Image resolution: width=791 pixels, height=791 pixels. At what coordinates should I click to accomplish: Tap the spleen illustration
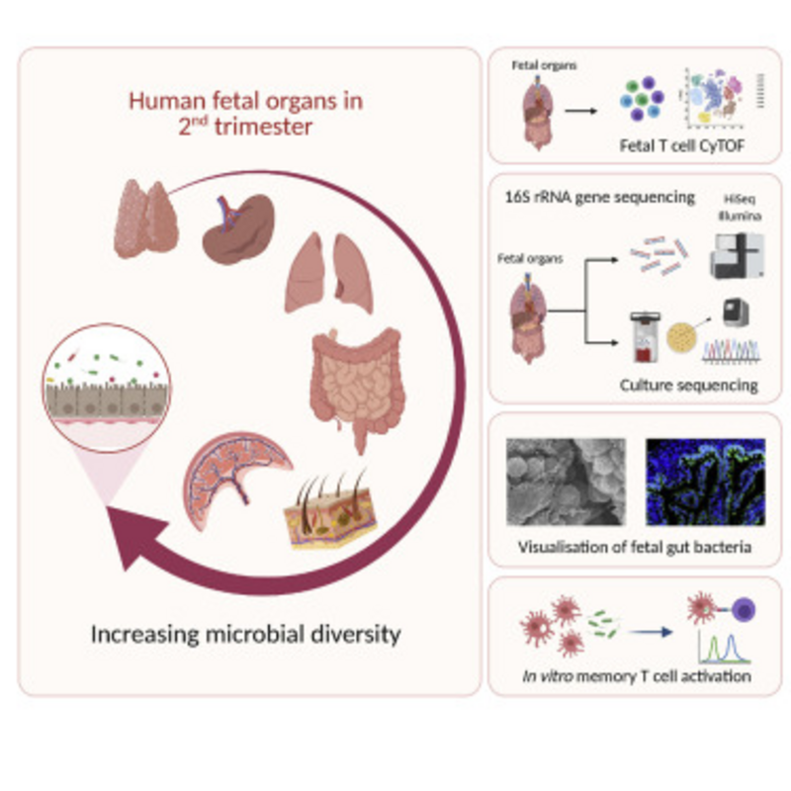(237, 226)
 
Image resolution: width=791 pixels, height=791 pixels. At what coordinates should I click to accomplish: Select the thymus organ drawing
(147, 218)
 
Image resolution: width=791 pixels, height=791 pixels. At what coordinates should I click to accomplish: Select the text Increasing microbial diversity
(246, 634)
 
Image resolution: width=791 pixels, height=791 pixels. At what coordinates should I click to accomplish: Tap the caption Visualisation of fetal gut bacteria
(633, 546)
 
